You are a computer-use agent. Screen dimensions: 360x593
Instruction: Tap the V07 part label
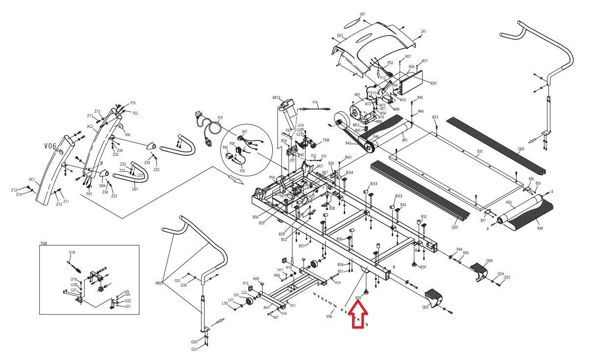tap(362, 14)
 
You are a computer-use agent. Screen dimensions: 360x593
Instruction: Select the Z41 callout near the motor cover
tap(424, 31)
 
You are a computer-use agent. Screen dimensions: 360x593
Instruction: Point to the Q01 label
tap(340, 36)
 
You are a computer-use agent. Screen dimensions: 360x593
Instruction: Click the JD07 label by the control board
tap(433, 83)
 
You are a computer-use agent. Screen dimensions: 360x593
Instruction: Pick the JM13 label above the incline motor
tap(276, 97)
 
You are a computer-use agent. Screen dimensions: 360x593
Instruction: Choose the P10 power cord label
tap(220, 118)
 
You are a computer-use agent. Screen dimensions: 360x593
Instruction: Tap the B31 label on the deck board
tap(480, 152)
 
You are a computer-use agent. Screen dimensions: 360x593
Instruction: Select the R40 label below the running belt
tap(540, 228)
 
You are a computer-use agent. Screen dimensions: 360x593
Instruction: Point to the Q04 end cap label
tap(489, 261)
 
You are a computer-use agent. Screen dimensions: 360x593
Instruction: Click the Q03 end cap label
tap(425, 307)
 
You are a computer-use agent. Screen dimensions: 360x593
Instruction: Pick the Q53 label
tap(507, 278)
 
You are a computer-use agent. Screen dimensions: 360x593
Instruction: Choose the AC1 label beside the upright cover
tap(32, 180)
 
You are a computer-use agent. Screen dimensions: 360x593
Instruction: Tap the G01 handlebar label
tap(135, 189)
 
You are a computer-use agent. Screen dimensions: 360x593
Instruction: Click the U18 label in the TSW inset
tap(72, 252)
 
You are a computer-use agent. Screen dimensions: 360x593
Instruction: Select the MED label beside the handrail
tap(159, 283)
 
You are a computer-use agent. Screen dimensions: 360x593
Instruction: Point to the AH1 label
tap(267, 308)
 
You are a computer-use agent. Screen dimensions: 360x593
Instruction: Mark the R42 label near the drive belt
tap(348, 143)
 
